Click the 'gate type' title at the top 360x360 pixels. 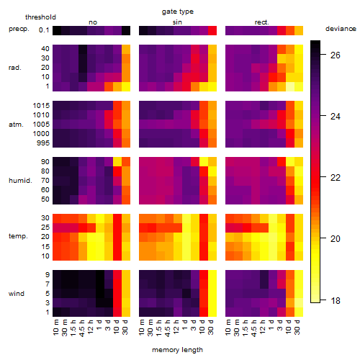(x=178, y=12)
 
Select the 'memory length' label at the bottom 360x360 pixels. (x=177, y=350)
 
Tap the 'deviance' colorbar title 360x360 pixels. (x=341, y=29)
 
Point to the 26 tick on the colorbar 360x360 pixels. (x=336, y=55)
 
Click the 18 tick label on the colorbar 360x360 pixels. (x=336, y=300)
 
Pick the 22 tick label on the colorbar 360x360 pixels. (x=336, y=178)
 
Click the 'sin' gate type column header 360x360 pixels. (x=177, y=22)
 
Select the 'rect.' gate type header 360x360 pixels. (x=261, y=22)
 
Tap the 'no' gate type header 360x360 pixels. (x=93, y=22)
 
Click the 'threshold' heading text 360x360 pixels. (x=40, y=17)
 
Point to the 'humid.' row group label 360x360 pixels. (x=20, y=181)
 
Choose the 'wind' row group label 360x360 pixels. (x=17, y=294)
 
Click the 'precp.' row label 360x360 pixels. (x=19, y=29)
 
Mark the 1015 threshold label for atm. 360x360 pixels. (x=41, y=106)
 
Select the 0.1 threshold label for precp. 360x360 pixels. (x=44, y=30)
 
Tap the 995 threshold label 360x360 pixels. (x=43, y=143)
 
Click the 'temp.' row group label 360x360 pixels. (x=18, y=236)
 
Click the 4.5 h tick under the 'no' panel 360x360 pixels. (x=81, y=328)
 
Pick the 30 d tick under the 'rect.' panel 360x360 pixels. (x=297, y=328)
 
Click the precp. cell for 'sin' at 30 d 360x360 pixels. (x=212, y=30)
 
